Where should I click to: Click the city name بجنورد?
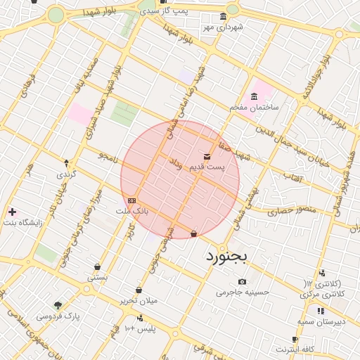227,257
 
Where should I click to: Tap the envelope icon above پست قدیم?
207,156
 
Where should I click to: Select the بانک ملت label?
132,210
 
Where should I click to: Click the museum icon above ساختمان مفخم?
254,96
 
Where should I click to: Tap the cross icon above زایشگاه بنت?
11,211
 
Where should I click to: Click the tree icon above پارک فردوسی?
58,305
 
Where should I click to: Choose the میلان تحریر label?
139,300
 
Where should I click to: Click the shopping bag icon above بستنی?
96,266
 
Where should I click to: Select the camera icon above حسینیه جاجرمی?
243,281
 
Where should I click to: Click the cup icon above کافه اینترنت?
295,339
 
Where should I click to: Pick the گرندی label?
67,173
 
